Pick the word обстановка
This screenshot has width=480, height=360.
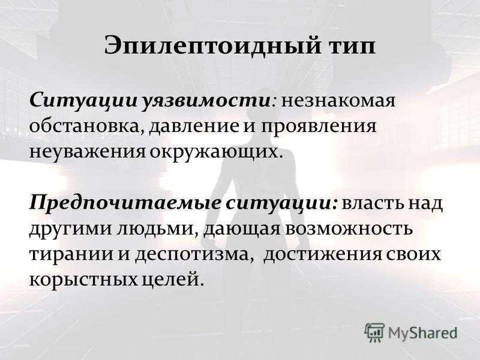(x=87, y=127)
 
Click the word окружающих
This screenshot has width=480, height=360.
(x=214, y=152)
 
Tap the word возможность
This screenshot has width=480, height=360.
(x=349, y=229)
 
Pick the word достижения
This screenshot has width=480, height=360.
(x=323, y=254)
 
